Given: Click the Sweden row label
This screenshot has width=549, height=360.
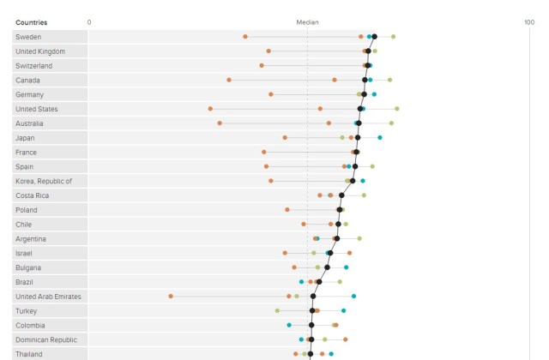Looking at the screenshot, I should pos(28,37).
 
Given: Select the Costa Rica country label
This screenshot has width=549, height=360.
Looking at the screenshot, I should pos(32,195).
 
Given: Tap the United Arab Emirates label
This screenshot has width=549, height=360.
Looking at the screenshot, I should pos(48,296).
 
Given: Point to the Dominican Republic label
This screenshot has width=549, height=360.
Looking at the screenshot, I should pos(46,339).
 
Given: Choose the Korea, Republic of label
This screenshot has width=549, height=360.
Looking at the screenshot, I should pos(44,181).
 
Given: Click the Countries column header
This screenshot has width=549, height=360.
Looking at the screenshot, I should pos(32,22).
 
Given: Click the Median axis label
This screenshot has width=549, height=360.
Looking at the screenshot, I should pos(307,22).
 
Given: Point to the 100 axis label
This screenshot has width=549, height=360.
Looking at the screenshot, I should pos(529,22).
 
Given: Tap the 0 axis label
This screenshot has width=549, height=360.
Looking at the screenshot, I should pos(90,22).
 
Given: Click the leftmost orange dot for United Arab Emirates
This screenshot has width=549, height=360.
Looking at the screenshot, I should pos(171,296).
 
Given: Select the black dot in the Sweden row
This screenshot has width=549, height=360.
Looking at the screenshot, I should pos(374,37).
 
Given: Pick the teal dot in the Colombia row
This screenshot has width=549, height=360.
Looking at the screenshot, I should pos(289,325).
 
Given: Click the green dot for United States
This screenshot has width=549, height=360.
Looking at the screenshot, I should pos(396,109).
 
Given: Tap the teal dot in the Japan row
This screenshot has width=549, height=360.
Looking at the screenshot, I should pos(380,137).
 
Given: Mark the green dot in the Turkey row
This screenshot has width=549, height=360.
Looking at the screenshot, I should pos(277,310).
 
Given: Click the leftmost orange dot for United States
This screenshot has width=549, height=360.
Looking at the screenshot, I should pos(210,109).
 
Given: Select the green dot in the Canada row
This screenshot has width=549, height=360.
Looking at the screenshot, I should pos(390,80).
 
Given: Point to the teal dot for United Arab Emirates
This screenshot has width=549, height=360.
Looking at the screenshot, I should pos(353,296).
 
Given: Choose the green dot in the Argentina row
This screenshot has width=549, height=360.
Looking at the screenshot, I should pos(359,238).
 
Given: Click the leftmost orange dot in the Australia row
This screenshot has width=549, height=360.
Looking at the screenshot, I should pos(220,123).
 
